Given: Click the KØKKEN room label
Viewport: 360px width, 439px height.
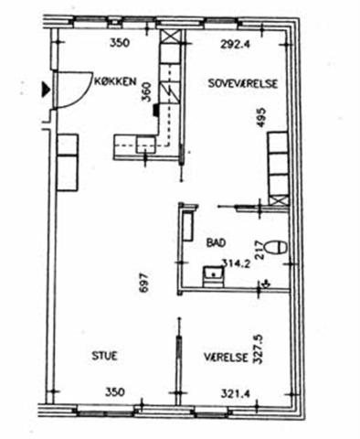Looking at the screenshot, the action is pyautogui.click(x=114, y=81).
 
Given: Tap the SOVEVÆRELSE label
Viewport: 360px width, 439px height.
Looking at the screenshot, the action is pyautogui.click(x=243, y=83).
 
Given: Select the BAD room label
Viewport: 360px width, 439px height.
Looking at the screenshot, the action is pyautogui.click(x=217, y=242).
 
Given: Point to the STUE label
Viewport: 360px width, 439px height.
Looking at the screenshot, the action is pyautogui.click(x=104, y=356).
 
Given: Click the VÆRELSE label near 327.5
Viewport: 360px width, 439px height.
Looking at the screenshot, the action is pyautogui.click(x=226, y=357).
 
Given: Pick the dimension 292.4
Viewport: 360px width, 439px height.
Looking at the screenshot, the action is pyautogui.click(x=236, y=45).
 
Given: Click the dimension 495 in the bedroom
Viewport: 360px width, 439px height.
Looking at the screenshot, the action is pyautogui.click(x=261, y=117).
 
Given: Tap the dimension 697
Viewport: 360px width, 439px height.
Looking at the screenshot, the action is pyautogui.click(x=143, y=283).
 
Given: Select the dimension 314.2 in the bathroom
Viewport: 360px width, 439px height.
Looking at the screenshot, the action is pyautogui.click(x=236, y=263).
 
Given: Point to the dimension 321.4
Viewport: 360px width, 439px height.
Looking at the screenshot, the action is pyautogui.click(x=235, y=393).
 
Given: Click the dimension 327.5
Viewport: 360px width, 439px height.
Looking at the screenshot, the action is pyautogui.click(x=258, y=349).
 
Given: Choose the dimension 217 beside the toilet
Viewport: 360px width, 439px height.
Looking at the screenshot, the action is pyautogui.click(x=259, y=250).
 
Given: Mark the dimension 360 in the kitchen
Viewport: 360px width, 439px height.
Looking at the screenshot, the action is pyautogui.click(x=146, y=92).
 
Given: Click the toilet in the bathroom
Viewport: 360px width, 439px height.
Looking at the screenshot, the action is pyautogui.click(x=276, y=247).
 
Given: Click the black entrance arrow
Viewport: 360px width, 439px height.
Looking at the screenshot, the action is pyautogui.click(x=46, y=90).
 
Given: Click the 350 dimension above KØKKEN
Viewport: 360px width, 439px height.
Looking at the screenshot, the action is pyautogui.click(x=120, y=43).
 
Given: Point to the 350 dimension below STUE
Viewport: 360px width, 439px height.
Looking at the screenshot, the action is pyautogui.click(x=115, y=391).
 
